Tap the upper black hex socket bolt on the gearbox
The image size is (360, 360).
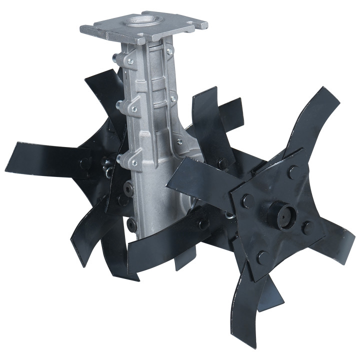pos(127,190)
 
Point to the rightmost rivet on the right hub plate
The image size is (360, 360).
pos(306,227)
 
